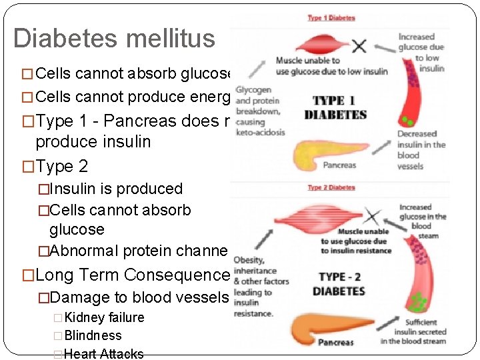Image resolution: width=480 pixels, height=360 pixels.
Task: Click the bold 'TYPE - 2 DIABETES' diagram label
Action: point(341,284)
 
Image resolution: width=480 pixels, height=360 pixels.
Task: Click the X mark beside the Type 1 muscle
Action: point(359,46)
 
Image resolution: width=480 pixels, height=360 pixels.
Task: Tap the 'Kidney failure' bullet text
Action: point(104,317)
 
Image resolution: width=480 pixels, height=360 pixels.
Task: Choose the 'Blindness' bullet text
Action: point(93,335)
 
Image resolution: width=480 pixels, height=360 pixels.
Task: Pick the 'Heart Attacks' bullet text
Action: point(103,353)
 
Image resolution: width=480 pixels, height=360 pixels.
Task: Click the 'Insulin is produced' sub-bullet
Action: point(116,189)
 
